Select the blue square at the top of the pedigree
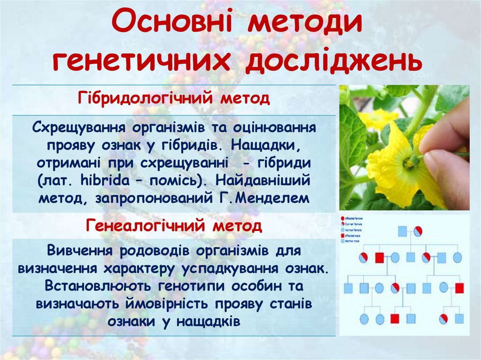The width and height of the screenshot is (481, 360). coord(402,231)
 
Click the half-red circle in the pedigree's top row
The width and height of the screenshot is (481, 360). coord(418,231)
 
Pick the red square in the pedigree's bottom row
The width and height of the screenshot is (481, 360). coord(395,319)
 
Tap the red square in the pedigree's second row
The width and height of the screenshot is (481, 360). coord(379,257)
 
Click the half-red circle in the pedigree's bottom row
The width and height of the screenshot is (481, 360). coord(443,319)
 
